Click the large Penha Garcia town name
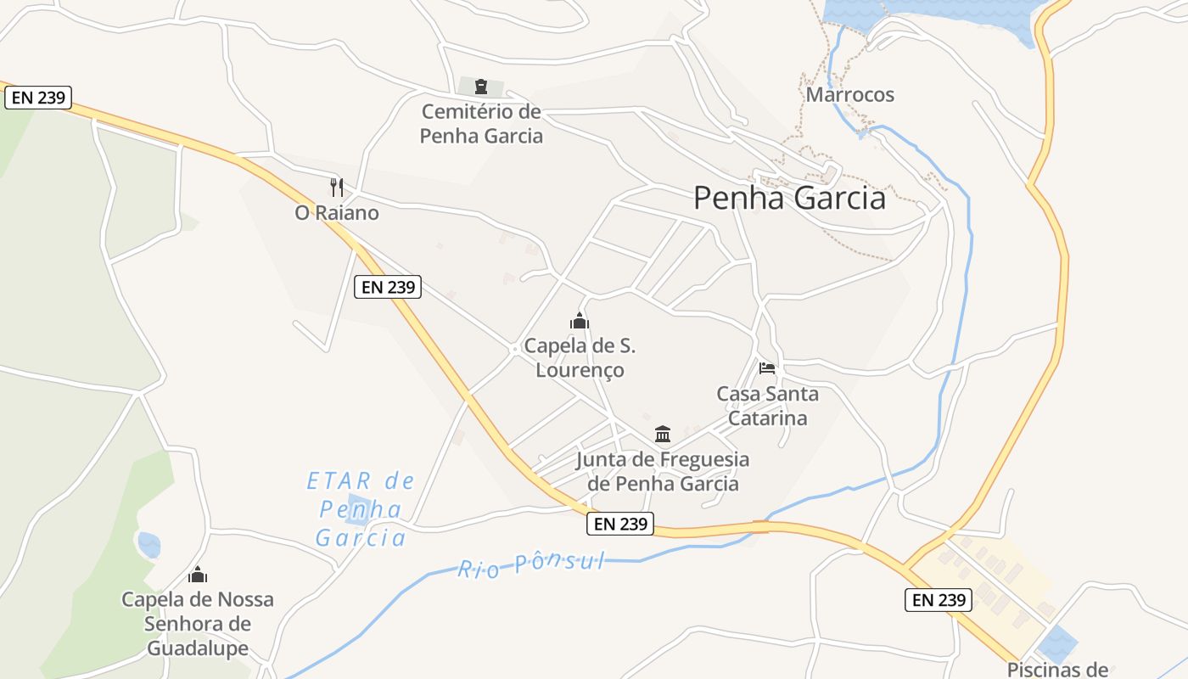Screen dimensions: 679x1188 [x=789, y=198]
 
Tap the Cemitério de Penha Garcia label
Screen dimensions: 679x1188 [x=481, y=124]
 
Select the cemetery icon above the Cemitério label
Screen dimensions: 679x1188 [x=481, y=87]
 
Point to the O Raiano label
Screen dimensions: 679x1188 [x=337, y=213]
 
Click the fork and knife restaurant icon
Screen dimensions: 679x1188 [x=337, y=187]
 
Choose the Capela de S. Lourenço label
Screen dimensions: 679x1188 [x=580, y=358]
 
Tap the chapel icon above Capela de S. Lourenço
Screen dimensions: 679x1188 [x=580, y=321]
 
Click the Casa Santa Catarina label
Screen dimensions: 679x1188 [x=767, y=406]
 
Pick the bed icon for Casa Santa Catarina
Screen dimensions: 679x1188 [x=767, y=368]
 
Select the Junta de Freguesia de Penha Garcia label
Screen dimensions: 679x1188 [x=663, y=472]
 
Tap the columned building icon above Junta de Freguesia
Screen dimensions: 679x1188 [x=663, y=435]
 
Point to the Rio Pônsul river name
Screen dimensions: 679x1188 [x=532, y=564]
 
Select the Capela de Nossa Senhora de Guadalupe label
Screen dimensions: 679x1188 [x=198, y=624]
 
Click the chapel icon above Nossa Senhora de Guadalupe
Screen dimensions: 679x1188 [x=198, y=575]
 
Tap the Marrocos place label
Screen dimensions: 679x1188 [x=849, y=94]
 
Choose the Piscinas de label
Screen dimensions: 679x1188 [x=1058, y=669]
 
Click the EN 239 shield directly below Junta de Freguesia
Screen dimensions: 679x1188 [x=621, y=525]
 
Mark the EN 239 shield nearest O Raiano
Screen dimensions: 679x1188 [x=388, y=287]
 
